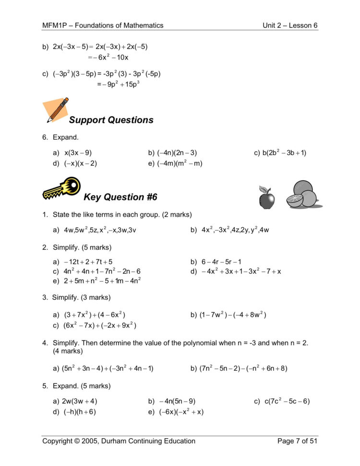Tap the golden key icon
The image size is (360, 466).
[60, 188]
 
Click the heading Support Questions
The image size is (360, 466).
[111, 120]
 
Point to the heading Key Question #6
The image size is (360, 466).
[120, 197]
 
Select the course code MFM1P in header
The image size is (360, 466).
[53, 25]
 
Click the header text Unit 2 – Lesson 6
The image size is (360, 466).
[290, 25]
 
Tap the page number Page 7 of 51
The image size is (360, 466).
[297, 441]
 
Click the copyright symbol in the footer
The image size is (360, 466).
[78, 441]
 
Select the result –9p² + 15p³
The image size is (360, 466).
[118, 85]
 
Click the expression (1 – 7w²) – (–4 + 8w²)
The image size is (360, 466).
[233, 315]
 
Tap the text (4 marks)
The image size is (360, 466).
[68, 351]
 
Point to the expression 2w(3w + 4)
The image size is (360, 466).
[80, 401]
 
